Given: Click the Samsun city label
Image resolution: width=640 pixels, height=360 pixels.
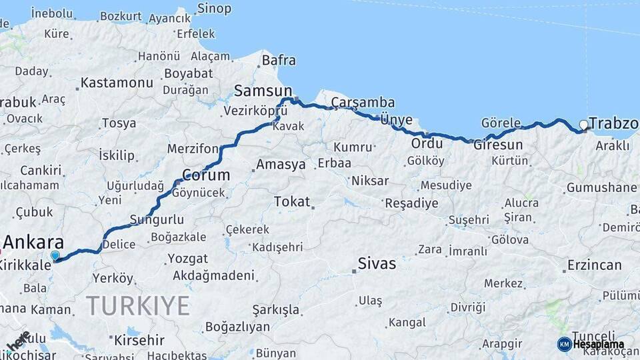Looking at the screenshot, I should coord(263,91).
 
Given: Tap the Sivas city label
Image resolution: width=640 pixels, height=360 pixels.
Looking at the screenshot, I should coord(377,263).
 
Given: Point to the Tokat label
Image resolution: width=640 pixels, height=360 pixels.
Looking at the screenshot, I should coord(292,201).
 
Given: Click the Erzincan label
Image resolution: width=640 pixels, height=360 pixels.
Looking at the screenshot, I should coord(594,265).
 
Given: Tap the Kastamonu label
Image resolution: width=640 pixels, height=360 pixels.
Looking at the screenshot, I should coord(117,83).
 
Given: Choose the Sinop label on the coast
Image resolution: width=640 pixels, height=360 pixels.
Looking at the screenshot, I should coord(214,9).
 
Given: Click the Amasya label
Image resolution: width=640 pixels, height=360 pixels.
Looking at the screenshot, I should coord(281,164).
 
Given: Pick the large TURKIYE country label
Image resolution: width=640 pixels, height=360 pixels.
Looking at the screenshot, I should coord(138,305).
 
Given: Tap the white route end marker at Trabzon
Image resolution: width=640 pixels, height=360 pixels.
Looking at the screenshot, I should coord(584,125).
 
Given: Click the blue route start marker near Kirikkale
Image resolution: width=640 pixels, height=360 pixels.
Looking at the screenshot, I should coord(55,255).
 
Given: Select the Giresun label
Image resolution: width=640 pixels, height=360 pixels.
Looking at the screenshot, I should coord(498,145).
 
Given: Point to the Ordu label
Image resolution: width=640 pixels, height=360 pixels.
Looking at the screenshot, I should coord(427,143).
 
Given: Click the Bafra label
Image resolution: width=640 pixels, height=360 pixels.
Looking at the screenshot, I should coord(279,60).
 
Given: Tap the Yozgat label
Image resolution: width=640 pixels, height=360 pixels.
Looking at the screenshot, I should coord(187,258).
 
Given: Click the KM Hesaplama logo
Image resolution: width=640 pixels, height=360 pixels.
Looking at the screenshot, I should coord(591,344).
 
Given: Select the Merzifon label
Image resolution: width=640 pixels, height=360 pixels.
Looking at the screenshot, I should coord(193,148).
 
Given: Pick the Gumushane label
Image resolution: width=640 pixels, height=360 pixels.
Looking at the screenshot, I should coord(601,187).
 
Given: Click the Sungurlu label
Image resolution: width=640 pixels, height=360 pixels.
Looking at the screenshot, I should coord(157,219).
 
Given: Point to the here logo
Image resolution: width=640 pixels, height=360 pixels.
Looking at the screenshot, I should coord(19,341).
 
